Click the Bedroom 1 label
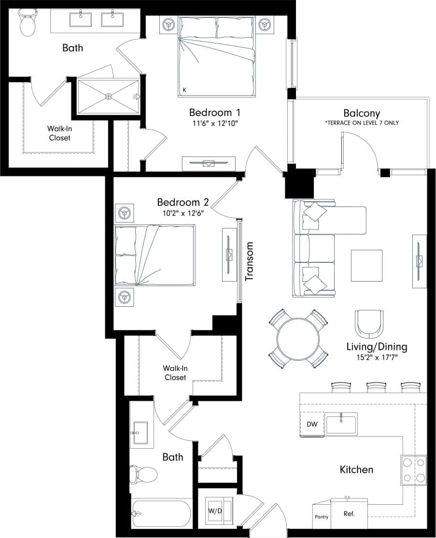tap(214, 113)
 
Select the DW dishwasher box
tap(312, 425)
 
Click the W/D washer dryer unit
tap(216, 511)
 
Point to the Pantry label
tap(322, 517)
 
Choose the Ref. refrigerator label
tap(349, 514)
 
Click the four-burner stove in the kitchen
tap(414, 470)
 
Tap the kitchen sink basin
tap(341, 424)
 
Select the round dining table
tap(298, 338)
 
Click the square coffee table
tap(366, 265)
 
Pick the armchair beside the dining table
tap(369, 324)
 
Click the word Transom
tap(250, 261)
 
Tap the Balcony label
tap(362, 114)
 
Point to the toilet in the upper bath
tap(28, 23)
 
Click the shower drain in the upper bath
tap(109, 97)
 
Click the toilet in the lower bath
tap(144, 475)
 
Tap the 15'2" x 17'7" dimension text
tap(377, 358)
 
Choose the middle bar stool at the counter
tap(377, 387)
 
